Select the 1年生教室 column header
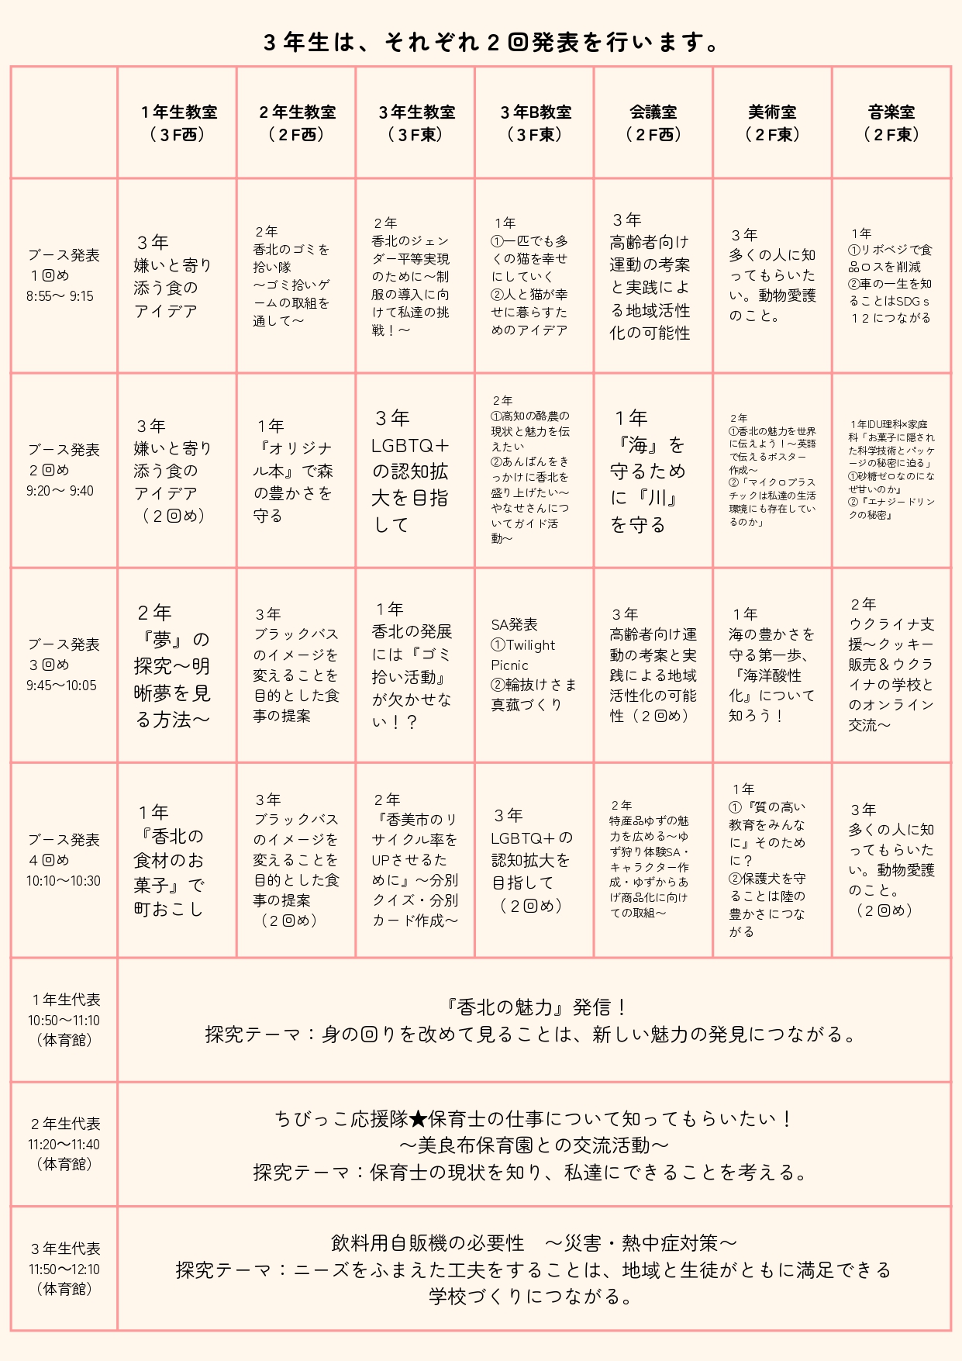pyautogui.click(x=178, y=123)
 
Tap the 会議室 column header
pyautogui.click(x=653, y=123)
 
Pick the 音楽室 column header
pyautogui.click(x=891, y=123)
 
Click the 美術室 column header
pyautogui.click(x=772, y=123)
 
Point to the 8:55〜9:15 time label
pyautogui.click(x=60, y=296)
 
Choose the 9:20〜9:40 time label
pyautogui.click(x=60, y=491)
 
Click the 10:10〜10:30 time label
pyautogui.click(x=63, y=881)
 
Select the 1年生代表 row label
pyautogui.click(x=65, y=1000)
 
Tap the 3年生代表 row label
pyautogui.click(x=65, y=1249)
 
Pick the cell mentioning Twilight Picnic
pyautogui.click(x=533, y=665)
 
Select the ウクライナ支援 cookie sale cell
pyautogui.click(x=891, y=665)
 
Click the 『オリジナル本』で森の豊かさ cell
pyautogui.click(x=294, y=471)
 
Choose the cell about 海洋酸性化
pyautogui.click(x=771, y=665)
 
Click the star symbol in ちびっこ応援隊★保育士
pyautogui.click(x=418, y=1119)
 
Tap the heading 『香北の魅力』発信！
pyautogui.click(x=534, y=1007)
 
